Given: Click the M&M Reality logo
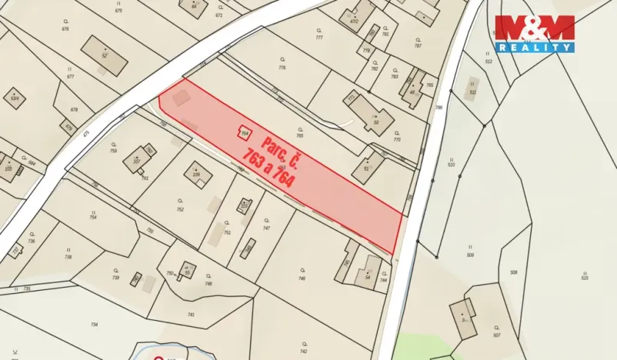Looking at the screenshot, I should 535,34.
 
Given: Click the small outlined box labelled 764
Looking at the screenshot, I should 245,132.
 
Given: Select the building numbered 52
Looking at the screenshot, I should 104,56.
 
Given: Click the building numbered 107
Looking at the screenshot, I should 137,160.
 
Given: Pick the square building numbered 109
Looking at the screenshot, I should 197,175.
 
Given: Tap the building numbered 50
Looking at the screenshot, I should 375,121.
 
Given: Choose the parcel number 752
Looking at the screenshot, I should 180,209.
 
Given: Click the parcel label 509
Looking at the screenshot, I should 469,255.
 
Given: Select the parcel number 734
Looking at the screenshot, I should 94,325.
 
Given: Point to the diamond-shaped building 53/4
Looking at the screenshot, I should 15,98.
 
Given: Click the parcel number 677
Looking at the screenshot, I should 71,77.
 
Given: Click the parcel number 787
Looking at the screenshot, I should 418,45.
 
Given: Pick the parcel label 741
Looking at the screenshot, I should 191,315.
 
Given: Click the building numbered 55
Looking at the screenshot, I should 187,272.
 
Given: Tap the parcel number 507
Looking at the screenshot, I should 496,335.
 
